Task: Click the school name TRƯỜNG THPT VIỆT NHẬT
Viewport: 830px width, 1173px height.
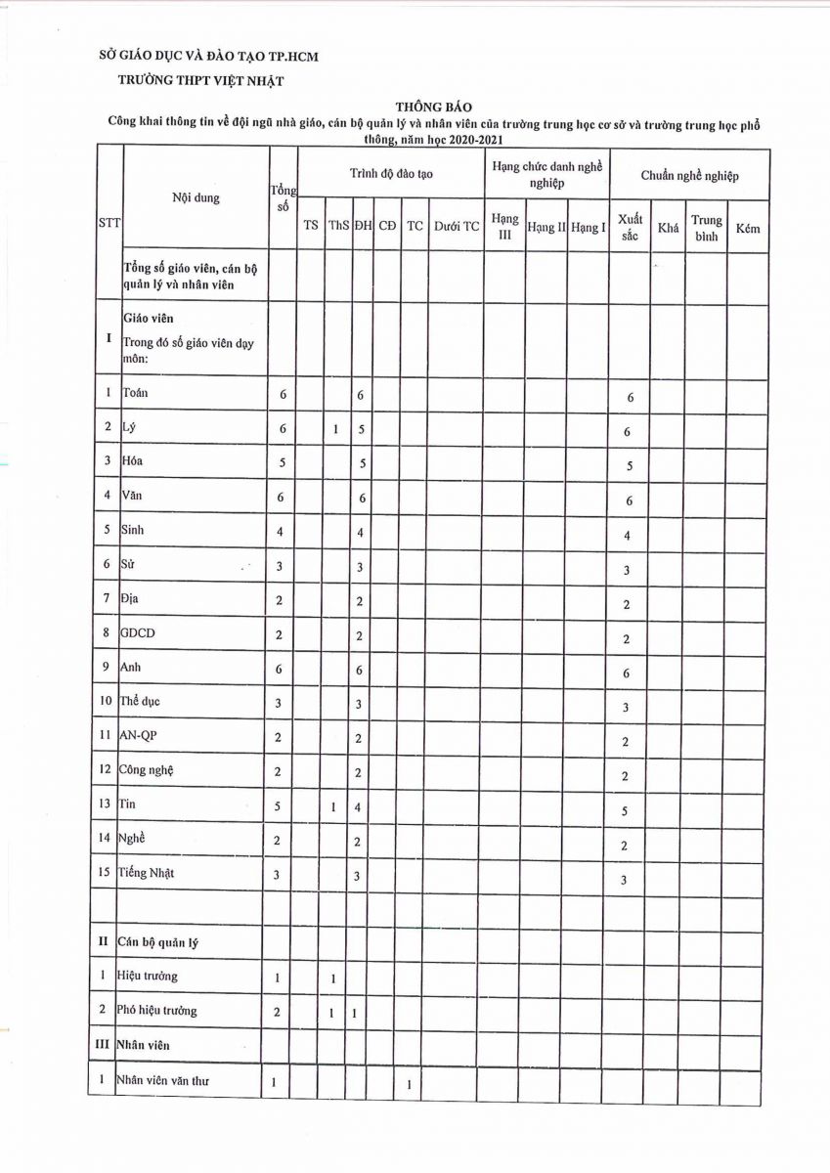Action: point(200,81)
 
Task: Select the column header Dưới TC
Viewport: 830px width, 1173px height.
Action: point(456,226)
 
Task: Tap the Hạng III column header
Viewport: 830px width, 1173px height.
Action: point(504,226)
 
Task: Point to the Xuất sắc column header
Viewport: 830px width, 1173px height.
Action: point(630,227)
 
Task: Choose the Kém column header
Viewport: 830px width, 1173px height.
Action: point(748,227)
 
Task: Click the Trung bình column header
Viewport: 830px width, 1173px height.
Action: point(706,227)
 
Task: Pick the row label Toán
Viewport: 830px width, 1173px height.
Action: point(135,393)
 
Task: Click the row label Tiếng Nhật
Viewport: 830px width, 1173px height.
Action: point(148,873)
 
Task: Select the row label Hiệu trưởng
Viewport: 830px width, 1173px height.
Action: point(148,976)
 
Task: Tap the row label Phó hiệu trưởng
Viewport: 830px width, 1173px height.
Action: point(157,1010)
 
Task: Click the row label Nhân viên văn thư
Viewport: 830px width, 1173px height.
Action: point(162,1080)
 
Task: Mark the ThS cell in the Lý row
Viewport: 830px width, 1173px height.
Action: point(335,428)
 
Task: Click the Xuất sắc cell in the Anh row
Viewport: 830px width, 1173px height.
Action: point(627,673)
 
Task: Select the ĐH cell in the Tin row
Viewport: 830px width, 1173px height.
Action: point(360,808)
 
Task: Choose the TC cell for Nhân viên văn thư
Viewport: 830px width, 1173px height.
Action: point(408,1083)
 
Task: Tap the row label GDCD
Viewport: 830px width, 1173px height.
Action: point(138,633)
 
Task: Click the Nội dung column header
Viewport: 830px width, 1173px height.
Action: point(196,197)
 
